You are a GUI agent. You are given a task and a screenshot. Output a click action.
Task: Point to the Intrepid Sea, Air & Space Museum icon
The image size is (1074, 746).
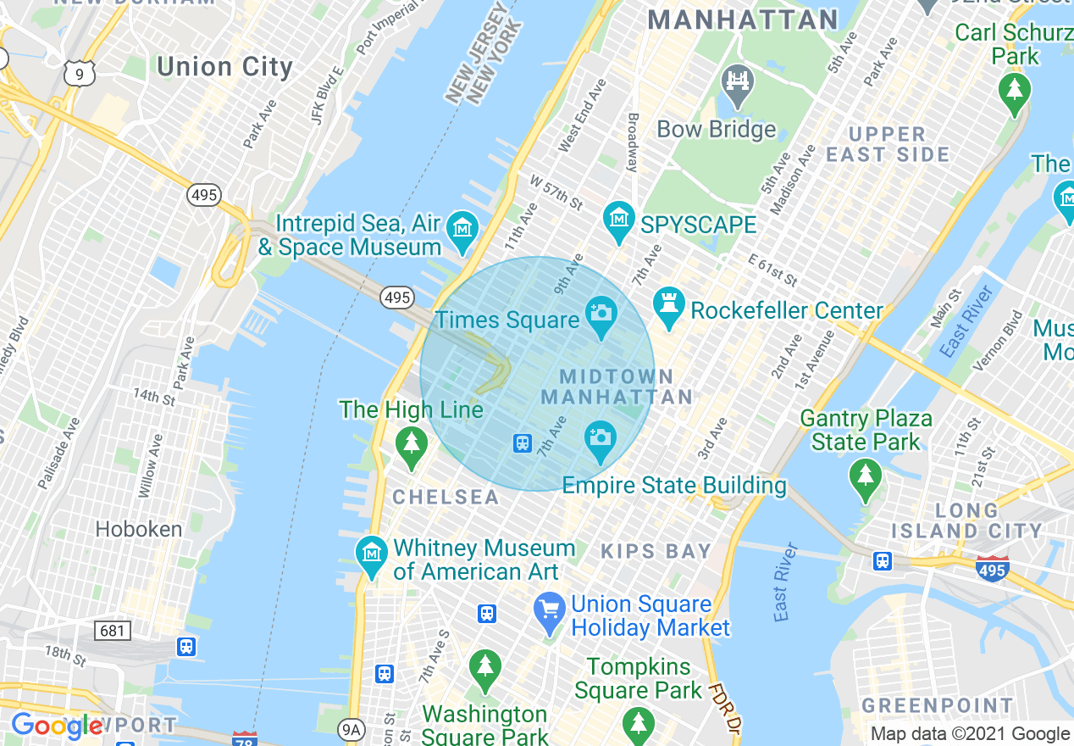[x=462, y=230]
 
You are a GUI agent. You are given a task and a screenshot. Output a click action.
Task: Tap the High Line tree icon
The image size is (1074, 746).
[x=412, y=445]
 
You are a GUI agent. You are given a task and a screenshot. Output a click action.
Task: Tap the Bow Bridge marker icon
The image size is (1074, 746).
[x=737, y=85]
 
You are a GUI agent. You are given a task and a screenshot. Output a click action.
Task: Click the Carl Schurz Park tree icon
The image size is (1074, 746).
[x=1014, y=91]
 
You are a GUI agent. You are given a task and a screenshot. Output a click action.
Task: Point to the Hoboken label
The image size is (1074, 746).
[x=139, y=530]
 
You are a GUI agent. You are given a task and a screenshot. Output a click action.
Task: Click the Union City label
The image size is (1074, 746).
[x=224, y=67]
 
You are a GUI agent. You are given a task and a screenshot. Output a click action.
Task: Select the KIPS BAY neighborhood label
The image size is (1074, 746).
[x=656, y=552]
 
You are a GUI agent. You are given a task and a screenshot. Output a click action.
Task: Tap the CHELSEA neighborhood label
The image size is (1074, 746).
[x=446, y=498]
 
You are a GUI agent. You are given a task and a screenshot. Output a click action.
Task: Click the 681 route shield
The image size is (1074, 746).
[x=114, y=630]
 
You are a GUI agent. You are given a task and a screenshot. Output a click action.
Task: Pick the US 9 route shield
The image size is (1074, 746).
[x=79, y=75]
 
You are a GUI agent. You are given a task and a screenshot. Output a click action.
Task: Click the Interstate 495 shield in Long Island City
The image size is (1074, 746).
[x=992, y=569]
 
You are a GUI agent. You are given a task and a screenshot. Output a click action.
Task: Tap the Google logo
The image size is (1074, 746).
[x=56, y=726]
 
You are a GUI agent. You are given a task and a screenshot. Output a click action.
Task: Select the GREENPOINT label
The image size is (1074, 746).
[x=937, y=706]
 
